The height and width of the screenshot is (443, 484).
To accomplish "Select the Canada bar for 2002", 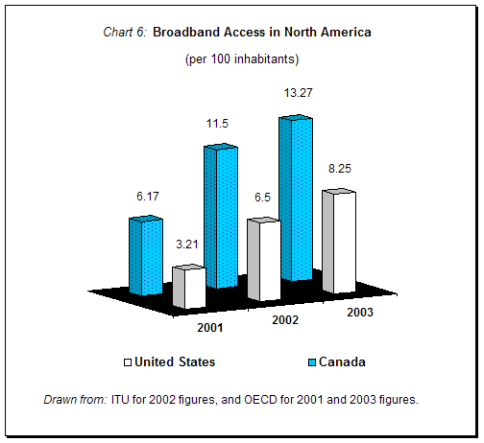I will coord(219,216).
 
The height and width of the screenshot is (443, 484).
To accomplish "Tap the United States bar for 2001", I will coord(188,288).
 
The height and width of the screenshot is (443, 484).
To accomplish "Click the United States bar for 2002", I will coord(263,259).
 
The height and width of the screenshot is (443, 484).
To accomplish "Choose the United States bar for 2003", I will coord(338,242).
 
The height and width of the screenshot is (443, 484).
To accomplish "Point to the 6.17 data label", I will coord(147,197).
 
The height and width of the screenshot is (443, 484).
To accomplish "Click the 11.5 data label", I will coord(219,125).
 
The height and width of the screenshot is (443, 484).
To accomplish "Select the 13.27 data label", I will coord(296,93).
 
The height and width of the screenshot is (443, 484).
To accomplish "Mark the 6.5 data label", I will coord(262,197).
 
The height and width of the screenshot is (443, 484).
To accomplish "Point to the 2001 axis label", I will coord(210,328).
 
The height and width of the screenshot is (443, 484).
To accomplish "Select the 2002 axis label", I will coord(285,319).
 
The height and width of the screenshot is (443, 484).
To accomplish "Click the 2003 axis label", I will coord(360,313).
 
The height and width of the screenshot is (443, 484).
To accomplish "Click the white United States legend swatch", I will coord(127,362).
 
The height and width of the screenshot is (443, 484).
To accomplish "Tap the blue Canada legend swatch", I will coord(313,362).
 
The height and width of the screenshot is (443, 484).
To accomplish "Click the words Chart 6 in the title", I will coord(124,33).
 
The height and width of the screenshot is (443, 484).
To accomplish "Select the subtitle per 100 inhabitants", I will coord(241,59).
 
